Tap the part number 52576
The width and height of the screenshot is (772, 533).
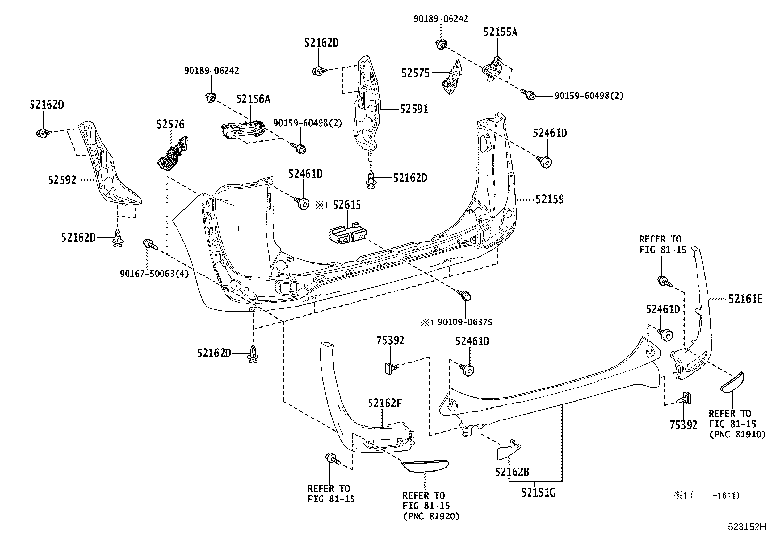tap(170, 125)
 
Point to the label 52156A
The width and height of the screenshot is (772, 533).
tap(253, 99)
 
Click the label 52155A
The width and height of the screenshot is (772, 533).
tap(500, 32)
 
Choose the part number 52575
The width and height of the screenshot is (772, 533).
tap(416, 73)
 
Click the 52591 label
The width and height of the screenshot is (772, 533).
tap(414, 109)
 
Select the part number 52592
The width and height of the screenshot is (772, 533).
tap(62, 180)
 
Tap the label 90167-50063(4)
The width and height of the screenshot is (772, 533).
tap(154, 274)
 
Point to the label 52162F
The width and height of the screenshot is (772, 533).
tap(385, 403)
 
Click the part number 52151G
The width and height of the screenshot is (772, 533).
tap(538, 493)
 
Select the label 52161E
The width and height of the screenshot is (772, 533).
tap(745, 300)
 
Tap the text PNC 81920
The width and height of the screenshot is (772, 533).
tap(431, 516)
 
